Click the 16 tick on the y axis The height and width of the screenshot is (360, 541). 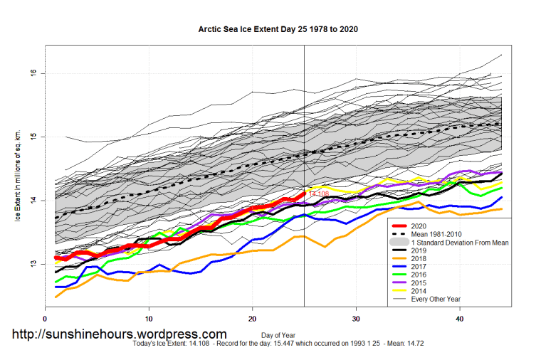coord(33,73)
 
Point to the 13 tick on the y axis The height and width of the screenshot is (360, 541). coord(33,264)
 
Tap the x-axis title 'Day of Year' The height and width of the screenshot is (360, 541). coord(273,335)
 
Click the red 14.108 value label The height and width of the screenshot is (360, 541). coord(318,194)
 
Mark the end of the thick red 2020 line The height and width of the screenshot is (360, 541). coord(304,193)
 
